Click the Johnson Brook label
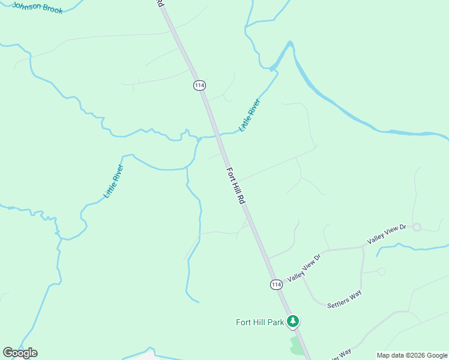[37, 8]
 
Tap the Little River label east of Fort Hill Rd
[250, 115]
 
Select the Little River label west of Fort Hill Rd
[113, 181]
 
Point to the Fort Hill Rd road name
[235, 187]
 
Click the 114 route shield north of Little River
[199, 85]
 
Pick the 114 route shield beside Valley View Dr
[276, 284]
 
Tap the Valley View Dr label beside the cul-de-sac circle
[387, 233]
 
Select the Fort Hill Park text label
[259, 322]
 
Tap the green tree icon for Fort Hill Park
[293, 322]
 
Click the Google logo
[20, 353]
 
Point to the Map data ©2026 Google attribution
[412, 355]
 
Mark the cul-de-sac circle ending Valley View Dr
[417, 227]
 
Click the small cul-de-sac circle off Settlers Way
[381, 272]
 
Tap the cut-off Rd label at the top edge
[160, 3]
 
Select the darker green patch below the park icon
[297, 344]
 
